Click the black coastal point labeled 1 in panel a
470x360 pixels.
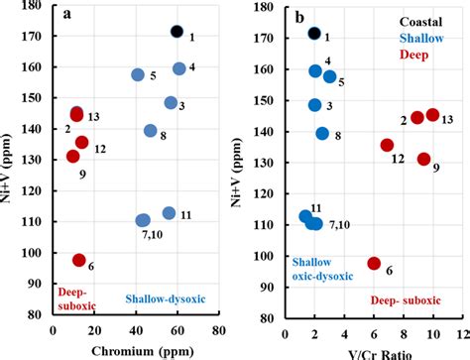(177, 32)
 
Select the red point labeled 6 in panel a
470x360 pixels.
(79, 260)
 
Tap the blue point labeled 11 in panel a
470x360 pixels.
(170, 213)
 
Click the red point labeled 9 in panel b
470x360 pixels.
(424, 159)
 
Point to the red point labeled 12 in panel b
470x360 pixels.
(388, 145)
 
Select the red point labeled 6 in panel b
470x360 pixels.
(374, 263)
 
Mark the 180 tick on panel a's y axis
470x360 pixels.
(35, 6)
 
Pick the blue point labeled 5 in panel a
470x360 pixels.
(138, 75)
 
